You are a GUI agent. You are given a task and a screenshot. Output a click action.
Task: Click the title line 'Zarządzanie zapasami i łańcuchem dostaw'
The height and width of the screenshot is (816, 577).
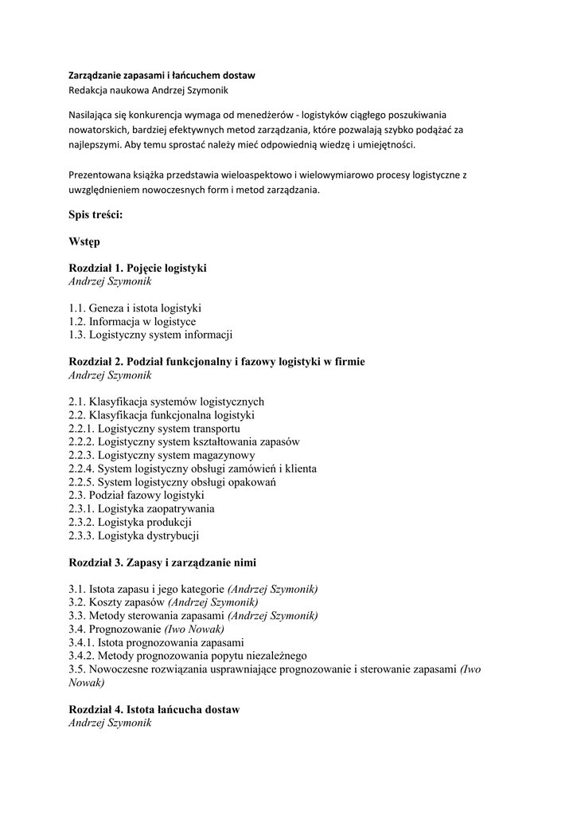tap(162, 75)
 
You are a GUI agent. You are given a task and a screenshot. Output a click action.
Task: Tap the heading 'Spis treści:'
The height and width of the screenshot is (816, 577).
tap(96, 214)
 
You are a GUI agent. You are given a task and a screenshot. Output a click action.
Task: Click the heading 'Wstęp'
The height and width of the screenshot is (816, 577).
tap(84, 241)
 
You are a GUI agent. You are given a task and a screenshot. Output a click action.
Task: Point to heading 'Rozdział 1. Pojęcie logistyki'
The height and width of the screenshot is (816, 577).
tap(138, 268)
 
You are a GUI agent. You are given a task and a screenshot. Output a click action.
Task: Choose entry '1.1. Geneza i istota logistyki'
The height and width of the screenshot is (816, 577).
tap(135, 308)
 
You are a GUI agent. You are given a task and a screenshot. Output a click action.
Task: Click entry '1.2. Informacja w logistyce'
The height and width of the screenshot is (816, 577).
tap(132, 321)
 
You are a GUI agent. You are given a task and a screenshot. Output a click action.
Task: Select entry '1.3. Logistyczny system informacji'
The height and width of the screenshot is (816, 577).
tap(150, 335)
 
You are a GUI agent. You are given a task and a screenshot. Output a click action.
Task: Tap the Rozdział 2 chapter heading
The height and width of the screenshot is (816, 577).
tap(216, 361)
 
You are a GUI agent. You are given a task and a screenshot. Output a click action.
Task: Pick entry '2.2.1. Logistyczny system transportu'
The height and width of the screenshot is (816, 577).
tap(154, 429)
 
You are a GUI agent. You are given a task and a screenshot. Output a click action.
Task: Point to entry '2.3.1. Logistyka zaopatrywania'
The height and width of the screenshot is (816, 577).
tap(142, 508)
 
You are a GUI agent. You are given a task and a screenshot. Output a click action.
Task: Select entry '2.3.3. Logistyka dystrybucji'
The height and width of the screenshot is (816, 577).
tap(134, 535)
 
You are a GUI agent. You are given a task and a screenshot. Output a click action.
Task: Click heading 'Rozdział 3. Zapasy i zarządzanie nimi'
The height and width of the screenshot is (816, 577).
tap(162, 562)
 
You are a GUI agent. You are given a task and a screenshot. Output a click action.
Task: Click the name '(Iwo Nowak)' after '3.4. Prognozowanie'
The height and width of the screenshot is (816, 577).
tap(194, 629)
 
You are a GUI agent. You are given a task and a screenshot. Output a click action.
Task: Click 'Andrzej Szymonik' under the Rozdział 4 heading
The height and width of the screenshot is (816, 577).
tap(110, 723)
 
